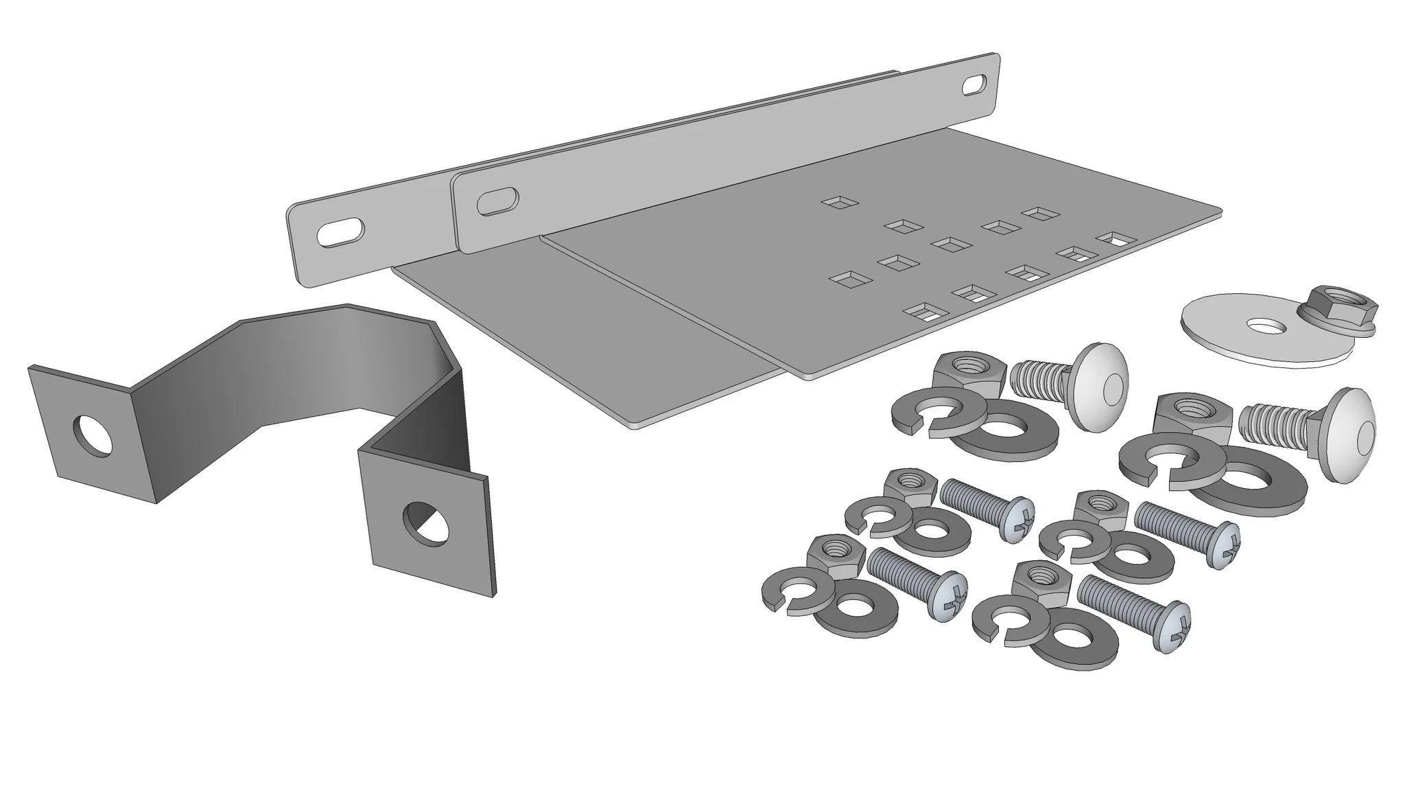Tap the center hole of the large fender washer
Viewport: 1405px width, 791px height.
[1266, 325]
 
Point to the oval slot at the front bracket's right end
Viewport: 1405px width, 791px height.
[973, 86]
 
